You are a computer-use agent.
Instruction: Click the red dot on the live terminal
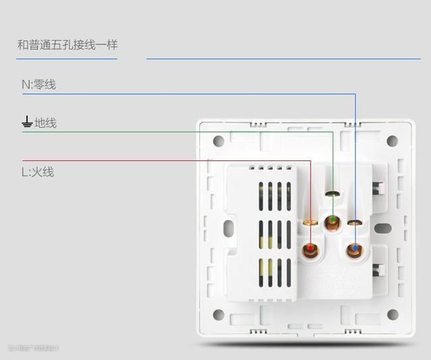click(x=310, y=251)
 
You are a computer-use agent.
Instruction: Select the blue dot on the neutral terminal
click(x=354, y=251)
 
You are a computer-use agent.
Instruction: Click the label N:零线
click(x=39, y=84)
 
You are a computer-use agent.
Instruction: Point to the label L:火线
click(x=38, y=172)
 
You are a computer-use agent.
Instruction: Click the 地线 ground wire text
click(x=46, y=123)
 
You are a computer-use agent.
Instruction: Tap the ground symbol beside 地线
click(x=27, y=122)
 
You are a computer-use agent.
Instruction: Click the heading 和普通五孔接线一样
click(x=67, y=45)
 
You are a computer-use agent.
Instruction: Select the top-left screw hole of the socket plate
click(x=218, y=141)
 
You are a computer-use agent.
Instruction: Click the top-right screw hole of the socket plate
click(x=393, y=141)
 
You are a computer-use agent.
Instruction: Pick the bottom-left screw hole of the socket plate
click(x=218, y=315)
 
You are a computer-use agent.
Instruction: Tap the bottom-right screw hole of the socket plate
click(x=393, y=315)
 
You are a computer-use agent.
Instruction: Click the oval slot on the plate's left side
click(x=228, y=228)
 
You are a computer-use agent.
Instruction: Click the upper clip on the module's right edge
click(x=378, y=187)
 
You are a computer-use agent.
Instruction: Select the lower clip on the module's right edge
click(x=378, y=270)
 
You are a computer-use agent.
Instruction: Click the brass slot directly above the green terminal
click(x=331, y=194)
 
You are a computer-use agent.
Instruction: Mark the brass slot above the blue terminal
click(x=354, y=222)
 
